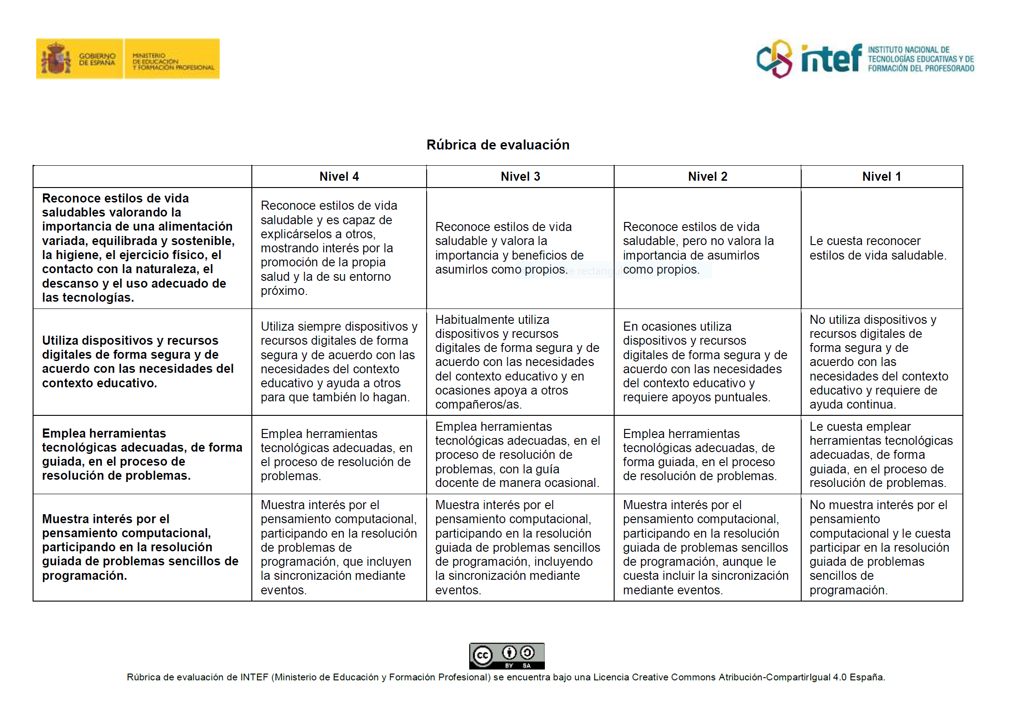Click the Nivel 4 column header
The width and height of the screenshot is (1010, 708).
click(x=339, y=177)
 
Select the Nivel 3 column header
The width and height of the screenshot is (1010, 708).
click(x=520, y=177)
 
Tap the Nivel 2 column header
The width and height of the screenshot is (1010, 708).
click(x=707, y=177)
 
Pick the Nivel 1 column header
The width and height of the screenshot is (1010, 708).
click(x=881, y=177)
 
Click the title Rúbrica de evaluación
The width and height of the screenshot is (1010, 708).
click(x=498, y=145)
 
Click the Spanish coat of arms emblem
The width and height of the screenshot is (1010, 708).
click(x=56, y=58)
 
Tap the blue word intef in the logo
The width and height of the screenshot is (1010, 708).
click(x=831, y=59)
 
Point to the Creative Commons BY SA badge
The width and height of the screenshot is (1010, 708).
click(x=506, y=655)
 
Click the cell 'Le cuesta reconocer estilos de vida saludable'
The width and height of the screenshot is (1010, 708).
click(x=877, y=248)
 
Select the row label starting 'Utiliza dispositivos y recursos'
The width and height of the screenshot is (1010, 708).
click(x=138, y=361)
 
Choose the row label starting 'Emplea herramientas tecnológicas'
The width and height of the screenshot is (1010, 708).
click(x=141, y=454)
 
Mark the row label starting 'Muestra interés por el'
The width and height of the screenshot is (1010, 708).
click(x=139, y=547)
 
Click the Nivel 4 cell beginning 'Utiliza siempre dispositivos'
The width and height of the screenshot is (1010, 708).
click(x=338, y=361)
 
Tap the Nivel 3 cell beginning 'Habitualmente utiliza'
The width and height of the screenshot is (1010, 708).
click(x=517, y=361)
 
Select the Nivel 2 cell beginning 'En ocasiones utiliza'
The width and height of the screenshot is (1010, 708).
click(x=704, y=361)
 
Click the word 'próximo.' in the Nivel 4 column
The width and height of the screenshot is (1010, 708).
click(x=284, y=291)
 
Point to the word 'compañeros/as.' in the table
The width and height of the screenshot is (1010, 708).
click(x=478, y=405)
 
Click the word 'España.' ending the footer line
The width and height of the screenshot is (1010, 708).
click(x=867, y=677)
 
